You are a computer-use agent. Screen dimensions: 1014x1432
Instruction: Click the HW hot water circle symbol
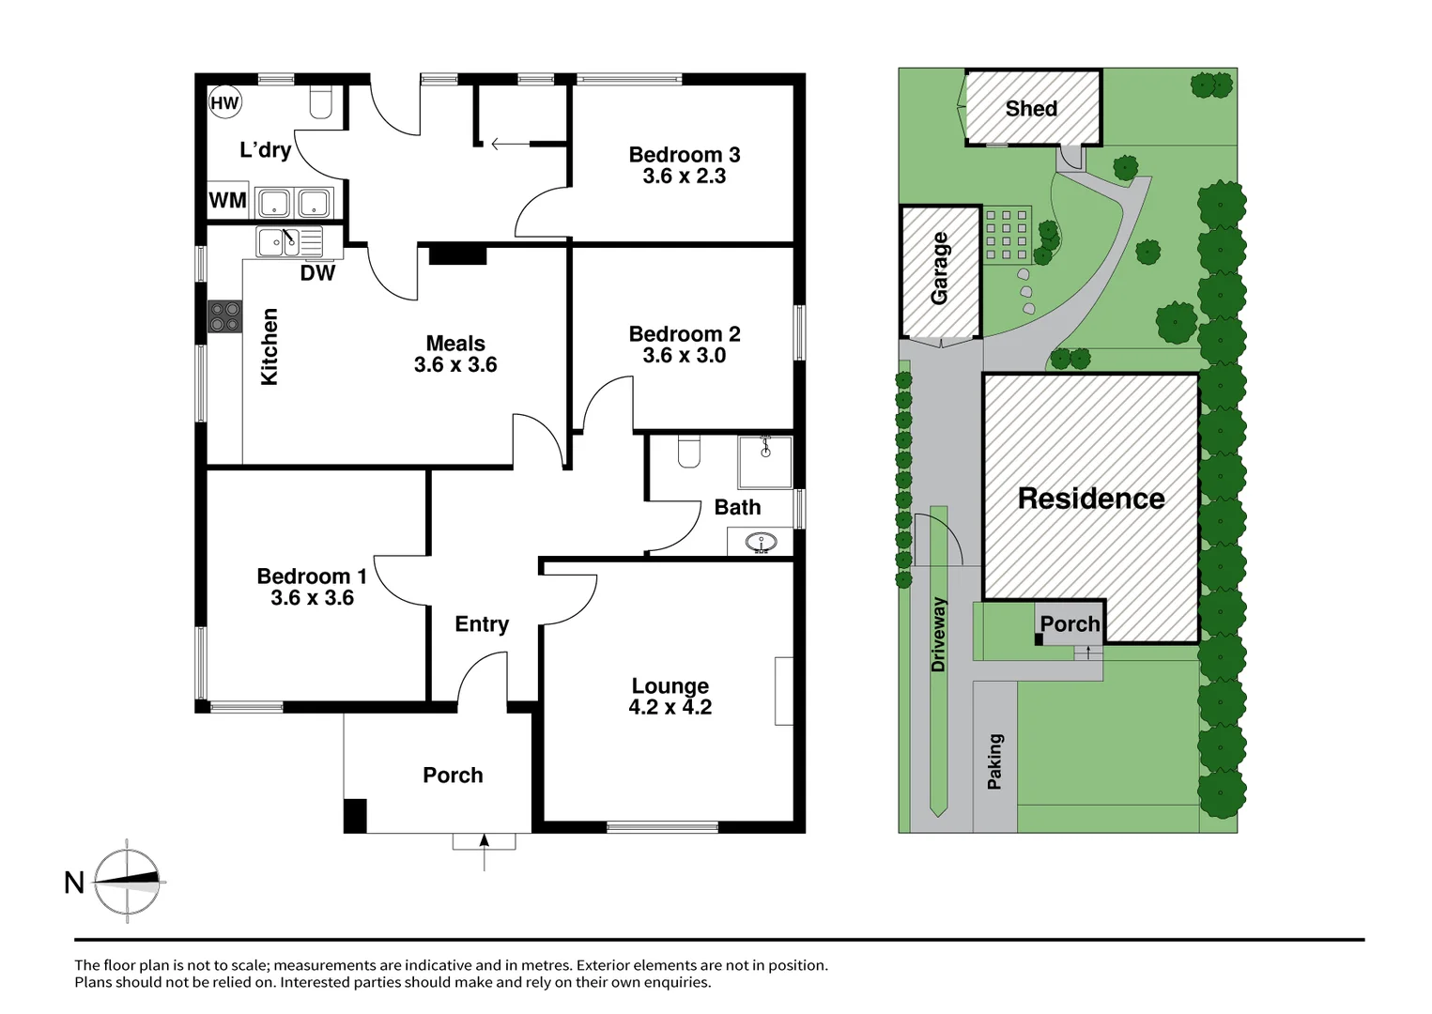(x=224, y=103)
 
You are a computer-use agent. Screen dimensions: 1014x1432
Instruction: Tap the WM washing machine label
(x=227, y=201)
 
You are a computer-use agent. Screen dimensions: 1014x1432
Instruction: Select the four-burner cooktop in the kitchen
(x=225, y=316)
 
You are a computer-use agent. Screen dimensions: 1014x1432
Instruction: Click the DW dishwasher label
(x=317, y=273)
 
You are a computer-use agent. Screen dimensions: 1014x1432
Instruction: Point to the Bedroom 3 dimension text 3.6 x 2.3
(x=684, y=177)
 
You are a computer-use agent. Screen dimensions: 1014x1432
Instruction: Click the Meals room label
(x=455, y=344)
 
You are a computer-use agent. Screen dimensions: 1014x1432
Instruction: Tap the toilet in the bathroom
(x=689, y=451)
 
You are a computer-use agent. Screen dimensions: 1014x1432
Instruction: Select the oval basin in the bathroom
(x=760, y=542)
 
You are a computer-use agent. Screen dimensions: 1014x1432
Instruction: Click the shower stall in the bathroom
(x=765, y=462)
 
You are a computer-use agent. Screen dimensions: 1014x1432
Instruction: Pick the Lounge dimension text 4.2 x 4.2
(x=670, y=708)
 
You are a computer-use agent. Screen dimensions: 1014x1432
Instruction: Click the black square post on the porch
(x=355, y=815)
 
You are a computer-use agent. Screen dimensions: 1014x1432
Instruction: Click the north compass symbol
(x=128, y=881)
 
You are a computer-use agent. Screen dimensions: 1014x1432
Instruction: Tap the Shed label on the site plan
(x=1031, y=109)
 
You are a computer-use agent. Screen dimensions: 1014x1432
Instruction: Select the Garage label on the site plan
(x=939, y=269)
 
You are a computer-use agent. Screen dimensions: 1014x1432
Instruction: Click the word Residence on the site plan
(x=1091, y=499)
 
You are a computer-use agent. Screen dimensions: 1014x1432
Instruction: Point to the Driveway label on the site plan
(x=938, y=635)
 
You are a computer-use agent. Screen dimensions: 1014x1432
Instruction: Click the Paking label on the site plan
(x=994, y=760)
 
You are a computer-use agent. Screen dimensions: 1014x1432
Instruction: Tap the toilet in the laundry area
(x=320, y=103)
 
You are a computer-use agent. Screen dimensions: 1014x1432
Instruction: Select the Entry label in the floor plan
(x=482, y=624)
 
